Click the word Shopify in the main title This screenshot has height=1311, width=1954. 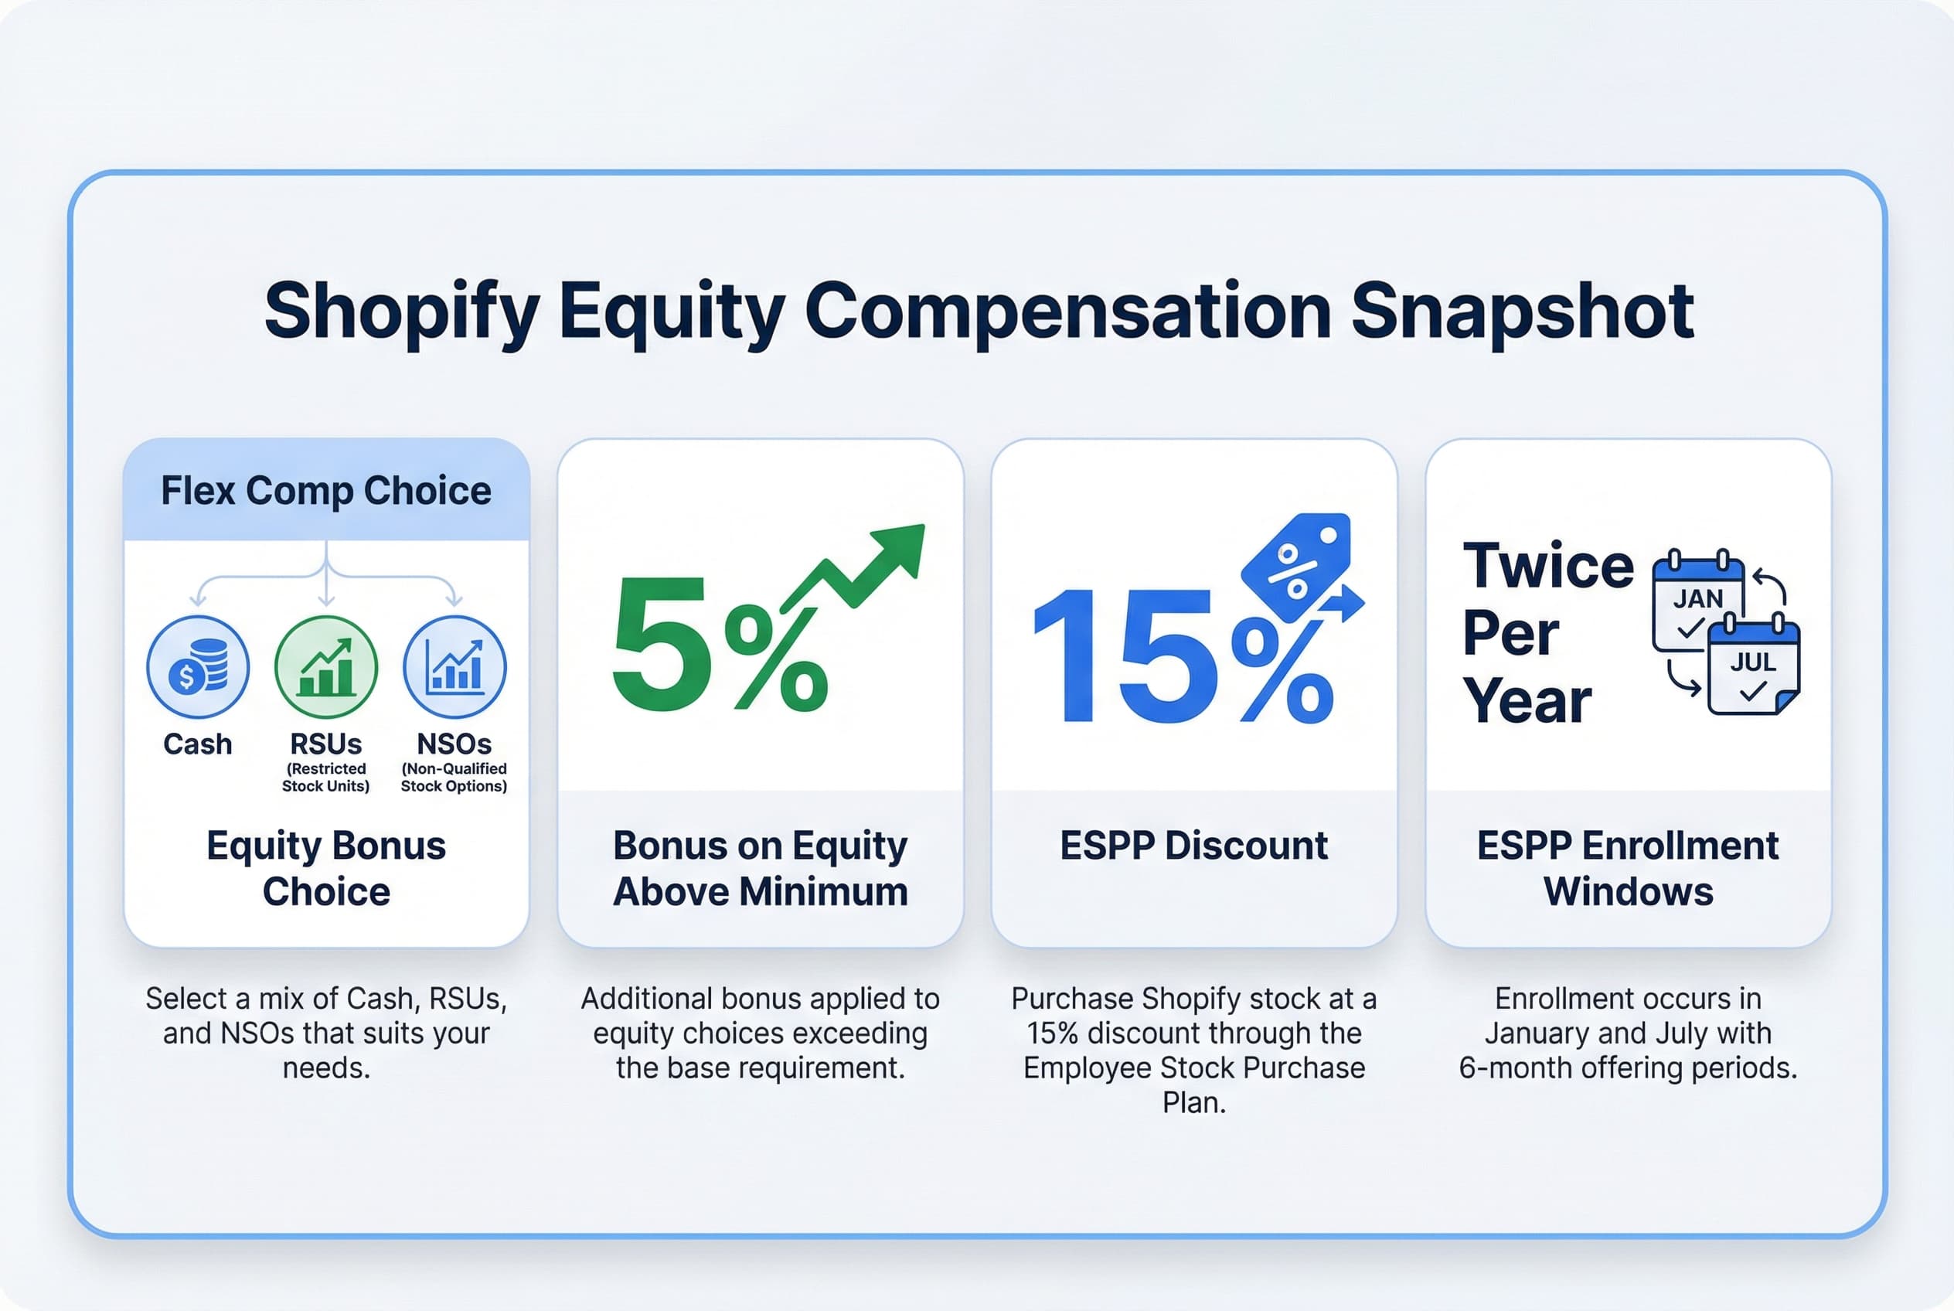[401, 312]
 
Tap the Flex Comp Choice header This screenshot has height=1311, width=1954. [326, 491]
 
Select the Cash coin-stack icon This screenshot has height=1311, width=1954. [198, 666]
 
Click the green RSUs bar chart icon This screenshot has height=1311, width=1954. [326, 666]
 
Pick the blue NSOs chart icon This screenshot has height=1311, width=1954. [454, 666]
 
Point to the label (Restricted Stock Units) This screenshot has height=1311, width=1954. [326, 777]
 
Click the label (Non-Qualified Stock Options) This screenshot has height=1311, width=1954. [454, 777]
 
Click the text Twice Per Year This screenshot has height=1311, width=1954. [1547, 633]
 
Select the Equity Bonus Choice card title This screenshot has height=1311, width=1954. [326, 868]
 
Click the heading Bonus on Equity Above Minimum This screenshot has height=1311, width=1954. [760, 868]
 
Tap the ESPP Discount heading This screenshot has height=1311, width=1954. [1193, 846]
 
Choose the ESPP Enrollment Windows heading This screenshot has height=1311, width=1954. [1627, 868]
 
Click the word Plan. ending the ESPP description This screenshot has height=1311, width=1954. [1193, 1103]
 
